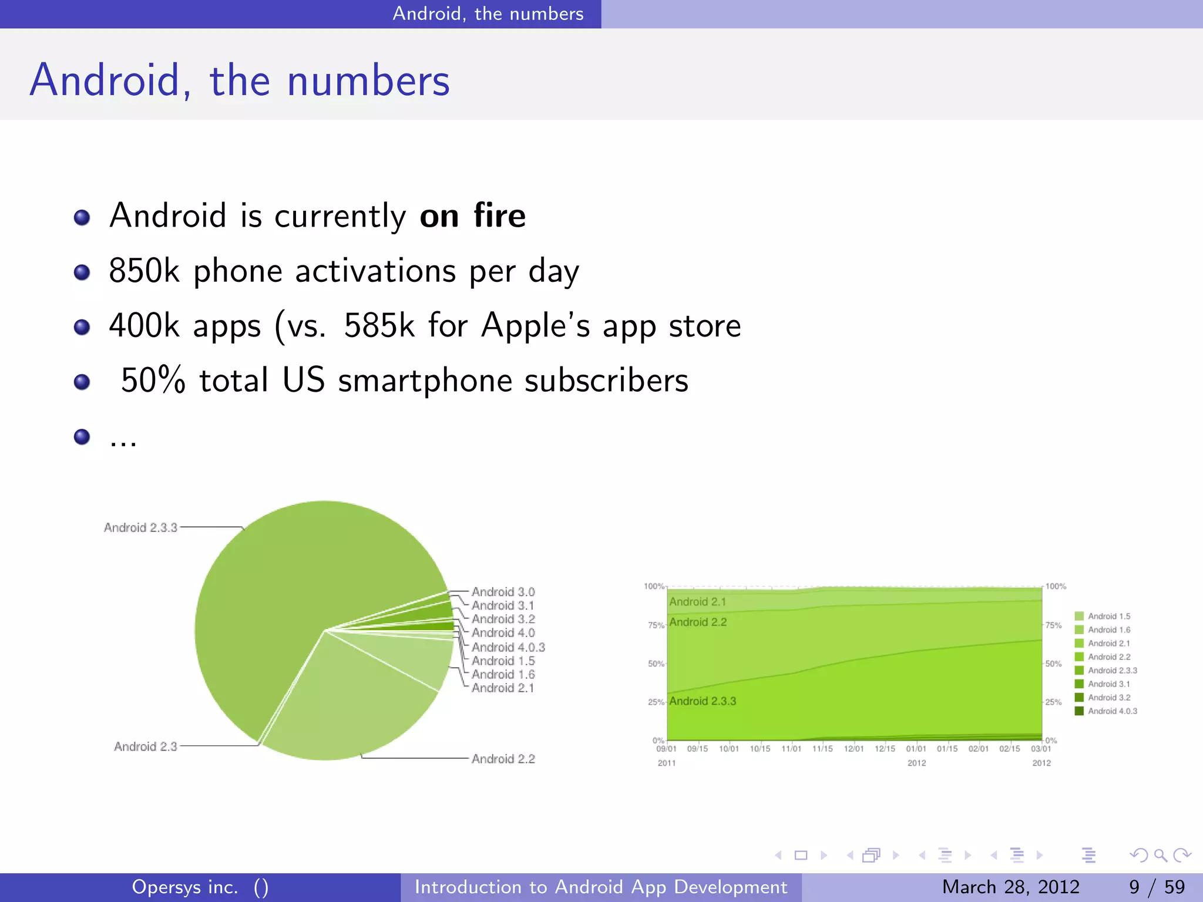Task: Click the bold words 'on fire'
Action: [x=472, y=216]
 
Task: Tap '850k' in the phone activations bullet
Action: [x=144, y=271]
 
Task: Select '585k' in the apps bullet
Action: [x=379, y=325]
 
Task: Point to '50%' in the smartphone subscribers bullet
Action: [x=153, y=380]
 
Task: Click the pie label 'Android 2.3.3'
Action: [x=140, y=527]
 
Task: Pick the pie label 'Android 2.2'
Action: [x=503, y=759]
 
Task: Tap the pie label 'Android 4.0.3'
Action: [x=508, y=647]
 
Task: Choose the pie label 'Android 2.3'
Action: [x=145, y=746]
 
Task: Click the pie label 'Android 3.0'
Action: [x=503, y=592]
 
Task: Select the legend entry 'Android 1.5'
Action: [x=1108, y=616]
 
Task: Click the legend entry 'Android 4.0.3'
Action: [x=1112, y=711]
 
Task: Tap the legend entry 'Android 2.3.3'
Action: [x=1112, y=671]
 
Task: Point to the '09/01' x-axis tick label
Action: [x=666, y=749]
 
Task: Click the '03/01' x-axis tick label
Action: [x=1041, y=749]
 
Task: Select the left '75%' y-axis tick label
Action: [x=656, y=625]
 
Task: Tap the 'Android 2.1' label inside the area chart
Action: [x=697, y=602]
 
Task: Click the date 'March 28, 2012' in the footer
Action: [x=1010, y=887]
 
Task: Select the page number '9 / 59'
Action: [x=1157, y=887]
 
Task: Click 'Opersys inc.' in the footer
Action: [x=185, y=887]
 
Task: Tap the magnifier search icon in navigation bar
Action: [x=1160, y=856]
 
